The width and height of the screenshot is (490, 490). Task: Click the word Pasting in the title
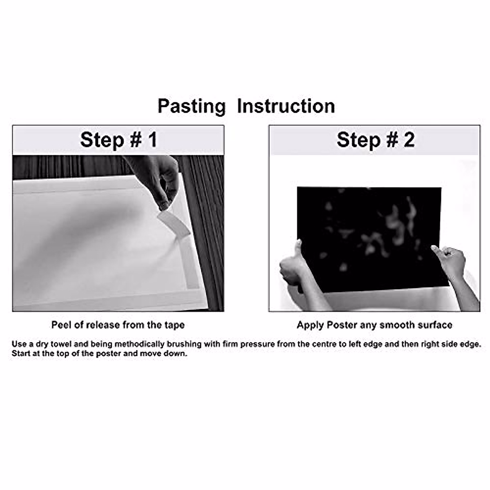pyautogui.click(x=192, y=106)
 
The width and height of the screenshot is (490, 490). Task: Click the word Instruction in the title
pyautogui.click(x=286, y=106)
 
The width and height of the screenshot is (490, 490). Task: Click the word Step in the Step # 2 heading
pyautogui.click(x=358, y=140)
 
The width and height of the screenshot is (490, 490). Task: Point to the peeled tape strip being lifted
pyautogui.click(x=174, y=222)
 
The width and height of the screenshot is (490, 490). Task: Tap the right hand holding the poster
pyautogui.click(x=450, y=262)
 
